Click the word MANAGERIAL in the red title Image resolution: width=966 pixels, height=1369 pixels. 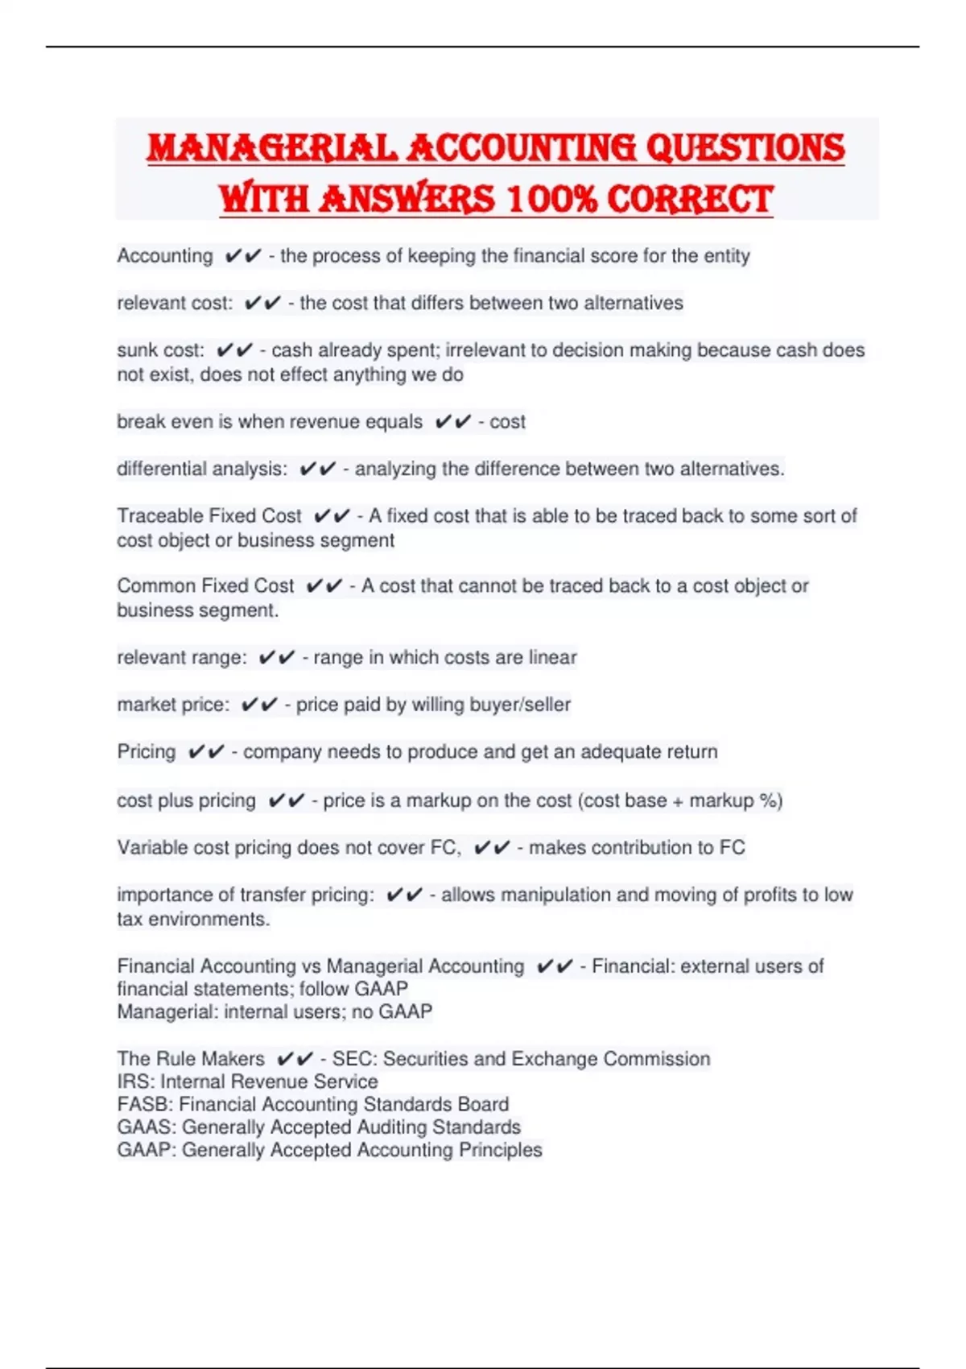click(271, 148)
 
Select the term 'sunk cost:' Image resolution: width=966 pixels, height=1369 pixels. click(161, 350)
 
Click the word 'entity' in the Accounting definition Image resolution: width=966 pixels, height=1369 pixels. click(727, 256)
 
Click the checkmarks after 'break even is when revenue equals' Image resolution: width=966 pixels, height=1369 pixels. click(452, 422)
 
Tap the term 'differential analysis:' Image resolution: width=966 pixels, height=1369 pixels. click(202, 469)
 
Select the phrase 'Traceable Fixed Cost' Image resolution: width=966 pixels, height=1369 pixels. click(209, 515)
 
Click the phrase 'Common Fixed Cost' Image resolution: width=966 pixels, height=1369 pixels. click(205, 586)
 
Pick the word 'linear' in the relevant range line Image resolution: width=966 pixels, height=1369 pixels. click(552, 657)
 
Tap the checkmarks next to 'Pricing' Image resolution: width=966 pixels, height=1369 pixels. click(206, 752)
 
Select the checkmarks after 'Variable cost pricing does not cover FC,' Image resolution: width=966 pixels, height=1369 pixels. click(492, 847)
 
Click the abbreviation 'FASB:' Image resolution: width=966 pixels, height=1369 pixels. click(146, 1104)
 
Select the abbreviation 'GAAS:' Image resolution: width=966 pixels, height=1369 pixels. click(147, 1127)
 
